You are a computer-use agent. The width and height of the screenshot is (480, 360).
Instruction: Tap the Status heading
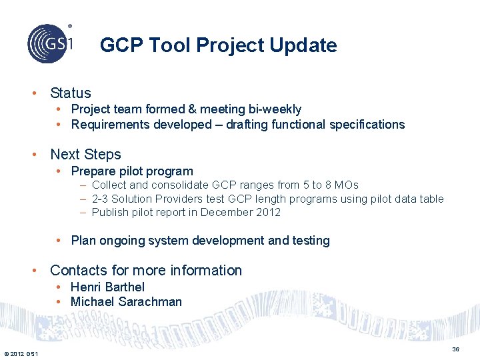tap(70, 93)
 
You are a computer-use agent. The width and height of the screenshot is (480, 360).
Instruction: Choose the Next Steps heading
tap(85, 155)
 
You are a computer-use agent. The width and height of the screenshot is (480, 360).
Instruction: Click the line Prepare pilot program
tap(131, 171)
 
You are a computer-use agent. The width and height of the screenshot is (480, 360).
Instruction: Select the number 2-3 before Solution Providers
tap(101, 199)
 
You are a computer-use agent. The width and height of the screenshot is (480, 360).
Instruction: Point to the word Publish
tap(110, 213)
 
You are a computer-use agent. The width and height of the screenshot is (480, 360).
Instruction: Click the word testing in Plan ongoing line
tap(311, 241)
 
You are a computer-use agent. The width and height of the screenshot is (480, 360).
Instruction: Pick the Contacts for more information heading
tap(146, 271)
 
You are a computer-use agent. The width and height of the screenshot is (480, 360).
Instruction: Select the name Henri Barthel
tap(107, 287)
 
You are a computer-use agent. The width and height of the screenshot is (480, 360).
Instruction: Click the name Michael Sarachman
tap(126, 302)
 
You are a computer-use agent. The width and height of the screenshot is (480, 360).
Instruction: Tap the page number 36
tap(455, 349)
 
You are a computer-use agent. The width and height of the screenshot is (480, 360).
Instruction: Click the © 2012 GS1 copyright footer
tap(21, 353)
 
